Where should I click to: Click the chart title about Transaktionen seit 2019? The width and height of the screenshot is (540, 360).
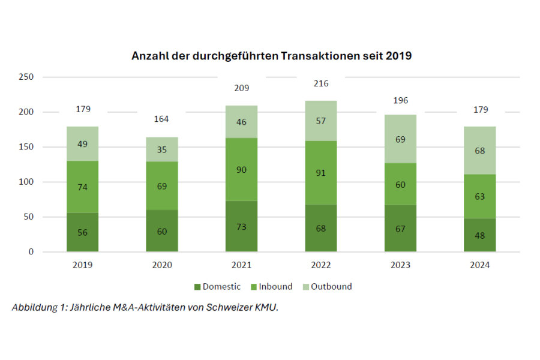point(271,56)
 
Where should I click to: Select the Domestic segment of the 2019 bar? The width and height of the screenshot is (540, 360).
point(82,232)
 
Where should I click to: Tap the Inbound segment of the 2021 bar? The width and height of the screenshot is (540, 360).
point(241,169)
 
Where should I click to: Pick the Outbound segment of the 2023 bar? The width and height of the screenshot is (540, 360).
point(400,139)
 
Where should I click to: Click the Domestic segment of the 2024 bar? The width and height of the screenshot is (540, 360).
point(480,235)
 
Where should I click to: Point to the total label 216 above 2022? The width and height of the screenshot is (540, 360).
point(321,83)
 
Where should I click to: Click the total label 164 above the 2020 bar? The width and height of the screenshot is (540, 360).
point(162,119)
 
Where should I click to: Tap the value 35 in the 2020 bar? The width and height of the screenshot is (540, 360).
point(162,149)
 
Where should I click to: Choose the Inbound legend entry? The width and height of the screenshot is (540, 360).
point(272,286)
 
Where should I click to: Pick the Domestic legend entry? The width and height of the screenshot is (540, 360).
point(217,286)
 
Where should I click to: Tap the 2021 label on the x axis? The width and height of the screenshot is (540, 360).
point(241,265)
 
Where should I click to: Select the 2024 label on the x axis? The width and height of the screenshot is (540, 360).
point(480,265)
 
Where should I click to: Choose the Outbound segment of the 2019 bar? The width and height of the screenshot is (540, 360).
point(82,144)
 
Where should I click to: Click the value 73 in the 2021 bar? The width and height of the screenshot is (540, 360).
point(241,226)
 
